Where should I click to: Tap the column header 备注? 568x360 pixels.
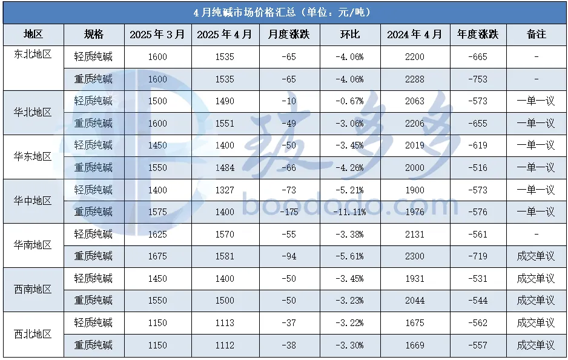click(x=536, y=35)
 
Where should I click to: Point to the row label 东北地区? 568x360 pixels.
click(x=33, y=54)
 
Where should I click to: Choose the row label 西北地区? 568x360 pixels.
click(x=33, y=334)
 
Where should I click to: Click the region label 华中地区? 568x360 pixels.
click(x=33, y=201)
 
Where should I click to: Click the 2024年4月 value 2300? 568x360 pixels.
click(x=414, y=256)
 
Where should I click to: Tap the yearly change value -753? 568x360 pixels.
click(x=478, y=79)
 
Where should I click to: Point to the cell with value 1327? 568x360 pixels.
click(x=224, y=190)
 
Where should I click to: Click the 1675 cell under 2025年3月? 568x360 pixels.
click(x=157, y=256)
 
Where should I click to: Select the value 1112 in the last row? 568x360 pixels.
click(x=224, y=345)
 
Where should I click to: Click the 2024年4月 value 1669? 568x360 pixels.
click(x=414, y=345)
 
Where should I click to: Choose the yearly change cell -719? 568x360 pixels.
click(x=478, y=256)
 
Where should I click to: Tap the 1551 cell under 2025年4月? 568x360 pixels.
click(x=224, y=124)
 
